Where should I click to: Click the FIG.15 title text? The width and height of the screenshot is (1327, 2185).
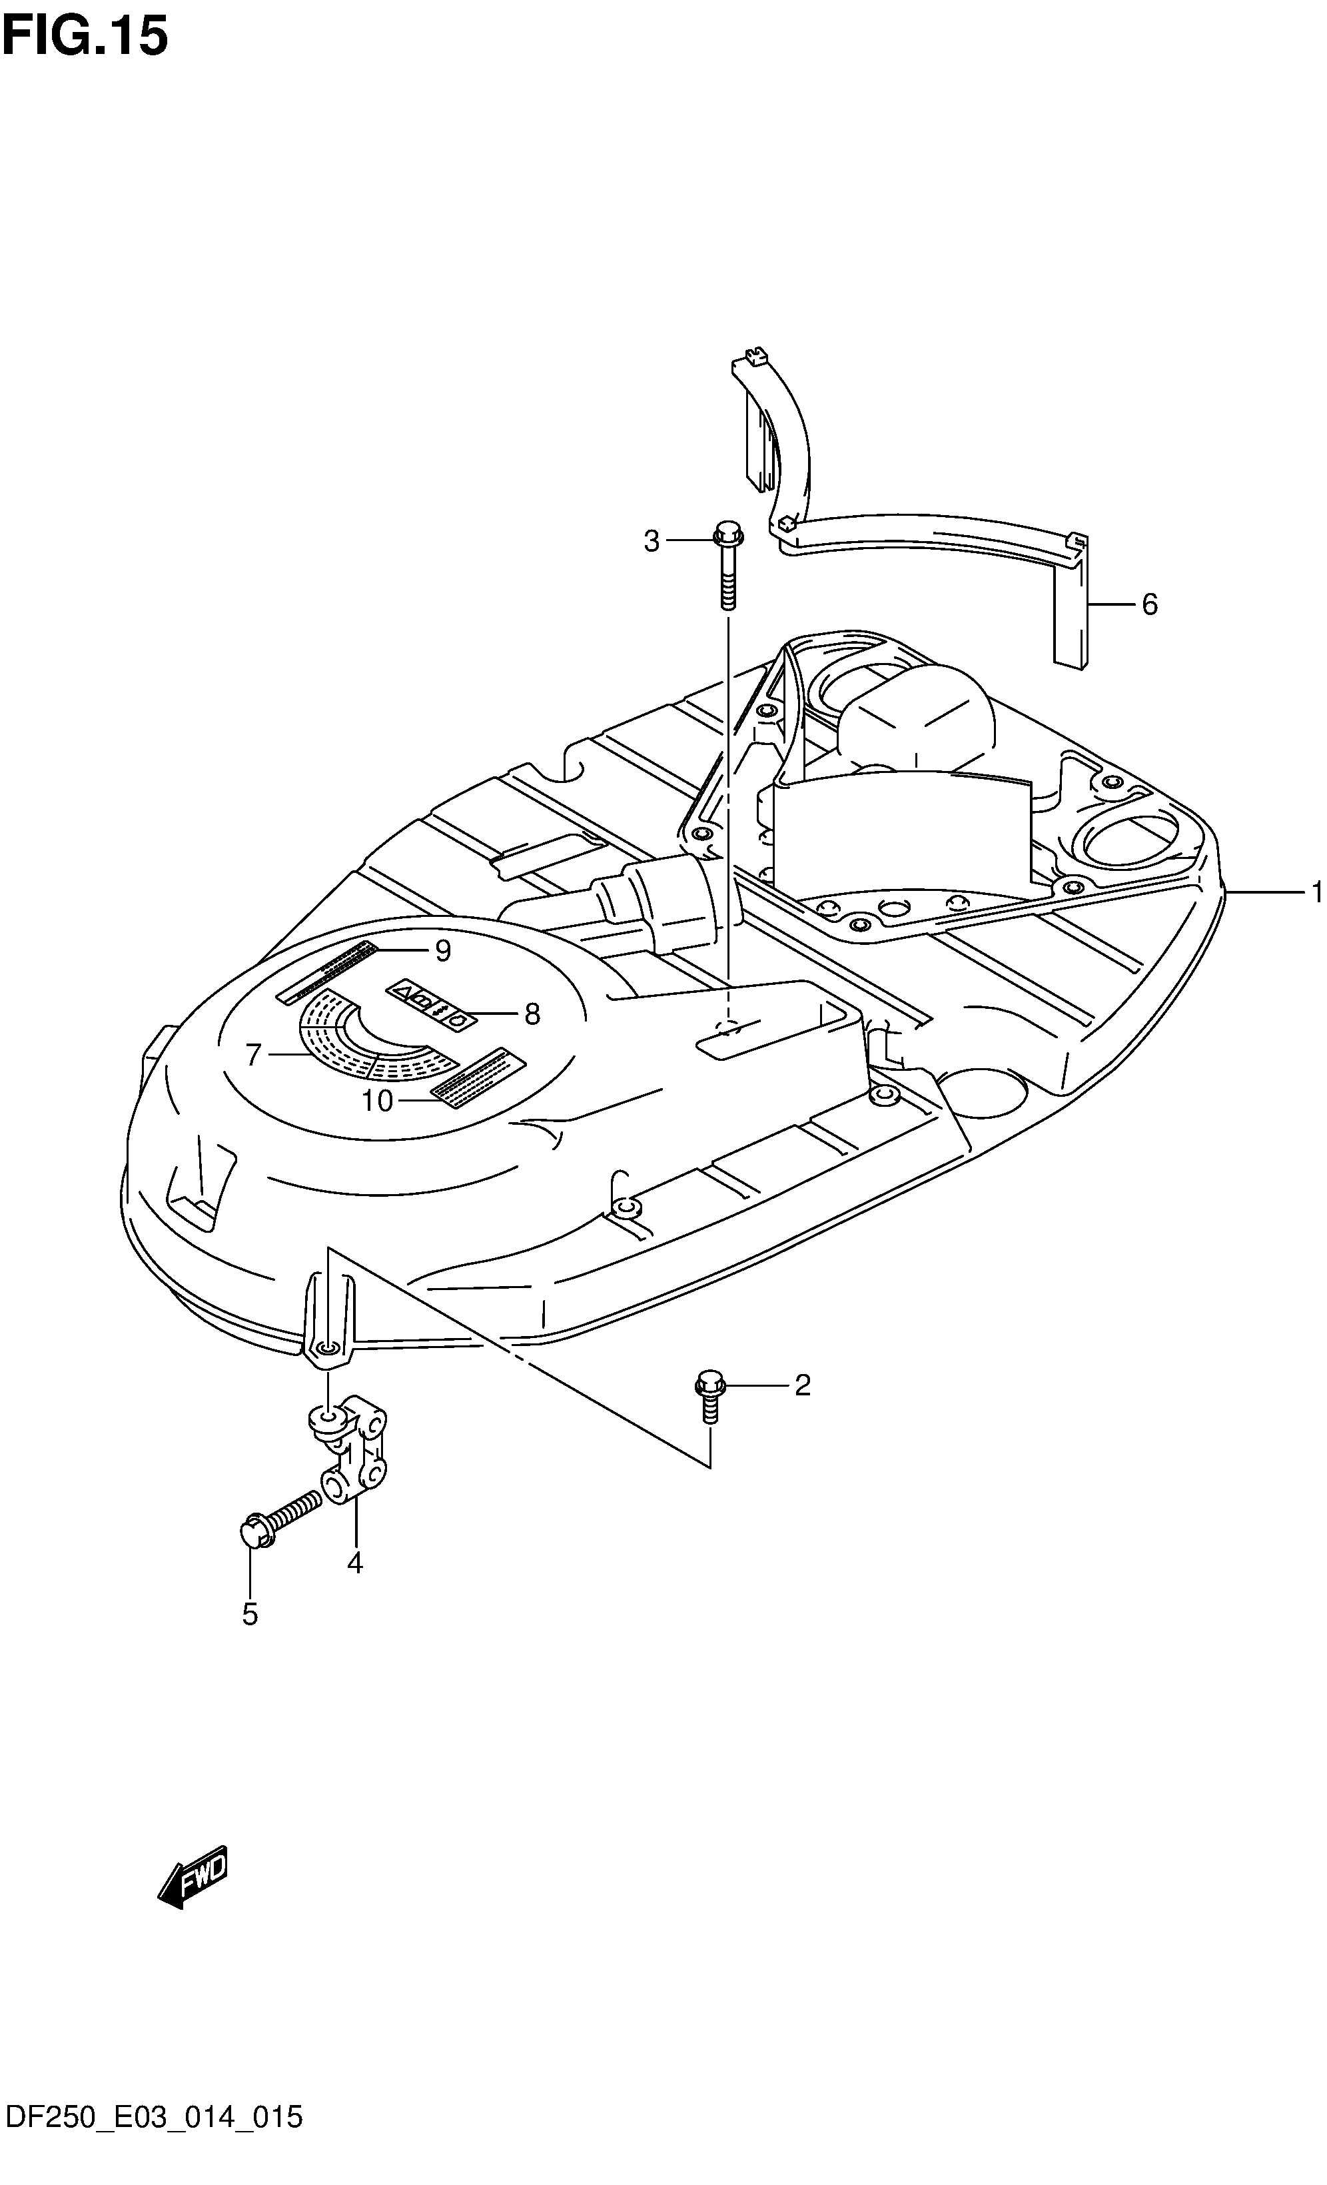[85, 37]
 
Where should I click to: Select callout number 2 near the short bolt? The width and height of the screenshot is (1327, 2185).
[801, 1385]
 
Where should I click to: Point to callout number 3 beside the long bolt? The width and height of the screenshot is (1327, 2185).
[652, 541]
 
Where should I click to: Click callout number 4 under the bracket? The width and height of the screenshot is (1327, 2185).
[354, 1563]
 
